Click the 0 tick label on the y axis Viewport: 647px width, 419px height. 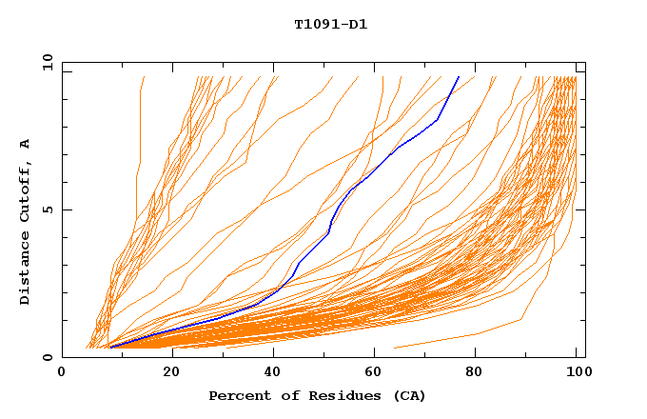48,357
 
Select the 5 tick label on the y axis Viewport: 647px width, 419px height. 48,209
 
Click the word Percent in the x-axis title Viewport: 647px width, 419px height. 237,395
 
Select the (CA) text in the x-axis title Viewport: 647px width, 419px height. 409,395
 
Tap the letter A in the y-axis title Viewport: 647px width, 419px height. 25,144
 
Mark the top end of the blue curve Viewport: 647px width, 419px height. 458,77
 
